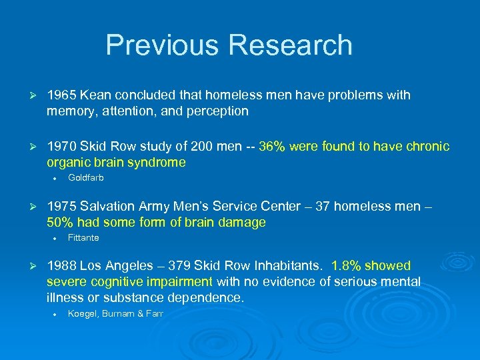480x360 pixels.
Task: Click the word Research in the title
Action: (x=290, y=45)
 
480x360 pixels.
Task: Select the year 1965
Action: (x=61, y=95)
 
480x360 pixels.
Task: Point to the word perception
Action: (x=216, y=111)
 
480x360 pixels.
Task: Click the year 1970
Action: (x=61, y=147)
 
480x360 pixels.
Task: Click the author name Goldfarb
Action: (x=86, y=178)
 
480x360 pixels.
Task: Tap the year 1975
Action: (x=61, y=207)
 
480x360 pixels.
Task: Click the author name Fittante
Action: (x=83, y=238)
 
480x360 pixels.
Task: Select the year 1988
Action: (x=61, y=266)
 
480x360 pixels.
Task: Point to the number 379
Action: (x=165, y=266)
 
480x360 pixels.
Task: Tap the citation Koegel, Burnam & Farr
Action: (x=115, y=313)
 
